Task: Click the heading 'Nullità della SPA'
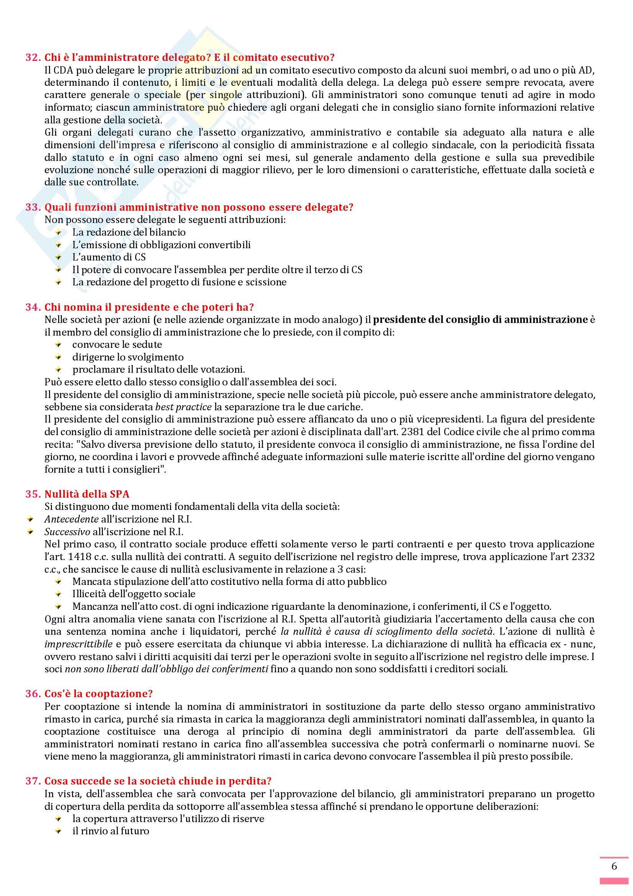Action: click(x=87, y=494)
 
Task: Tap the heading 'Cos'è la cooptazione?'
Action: click(x=98, y=694)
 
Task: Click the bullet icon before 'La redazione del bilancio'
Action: click(x=59, y=233)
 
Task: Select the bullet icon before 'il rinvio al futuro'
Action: click(x=59, y=831)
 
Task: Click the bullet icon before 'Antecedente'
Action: click(x=31, y=519)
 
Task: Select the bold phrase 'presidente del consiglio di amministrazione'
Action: click(x=480, y=319)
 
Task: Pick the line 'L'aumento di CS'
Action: click(x=109, y=257)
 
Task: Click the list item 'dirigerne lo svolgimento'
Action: click(x=128, y=357)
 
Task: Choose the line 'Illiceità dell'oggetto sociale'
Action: click(x=134, y=594)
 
